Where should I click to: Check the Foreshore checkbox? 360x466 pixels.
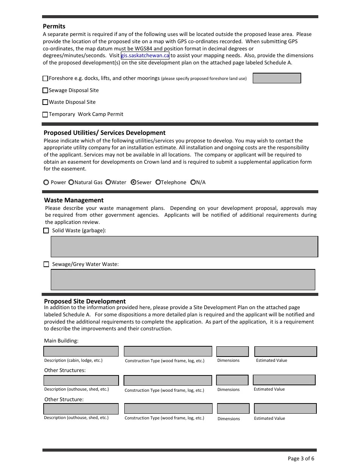(x=45, y=78)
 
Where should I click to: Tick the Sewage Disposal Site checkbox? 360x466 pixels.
(x=45, y=91)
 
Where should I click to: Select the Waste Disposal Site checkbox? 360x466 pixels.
(x=45, y=102)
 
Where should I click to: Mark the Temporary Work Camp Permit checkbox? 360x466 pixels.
(x=45, y=114)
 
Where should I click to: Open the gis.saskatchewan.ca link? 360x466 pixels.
(x=145, y=56)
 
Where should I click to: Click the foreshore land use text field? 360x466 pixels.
(x=277, y=78)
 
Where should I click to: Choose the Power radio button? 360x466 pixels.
(x=46, y=182)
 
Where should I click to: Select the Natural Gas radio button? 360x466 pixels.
(x=71, y=182)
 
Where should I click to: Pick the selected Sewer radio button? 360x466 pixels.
(x=133, y=182)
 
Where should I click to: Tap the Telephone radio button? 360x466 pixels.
(x=158, y=182)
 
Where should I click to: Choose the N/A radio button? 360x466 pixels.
(x=193, y=182)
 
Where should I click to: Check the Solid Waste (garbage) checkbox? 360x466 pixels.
(x=46, y=230)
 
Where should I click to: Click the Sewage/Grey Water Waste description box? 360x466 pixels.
(x=183, y=280)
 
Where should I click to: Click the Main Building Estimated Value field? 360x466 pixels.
(x=285, y=352)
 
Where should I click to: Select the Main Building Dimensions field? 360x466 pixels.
(x=232, y=352)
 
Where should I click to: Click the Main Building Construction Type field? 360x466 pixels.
(x=168, y=352)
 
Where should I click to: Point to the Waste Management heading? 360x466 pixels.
(x=74, y=200)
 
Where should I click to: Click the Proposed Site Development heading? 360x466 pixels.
(x=85, y=301)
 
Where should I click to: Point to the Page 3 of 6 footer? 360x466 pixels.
(x=301, y=458)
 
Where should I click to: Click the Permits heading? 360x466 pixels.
(x=54, y=27)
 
